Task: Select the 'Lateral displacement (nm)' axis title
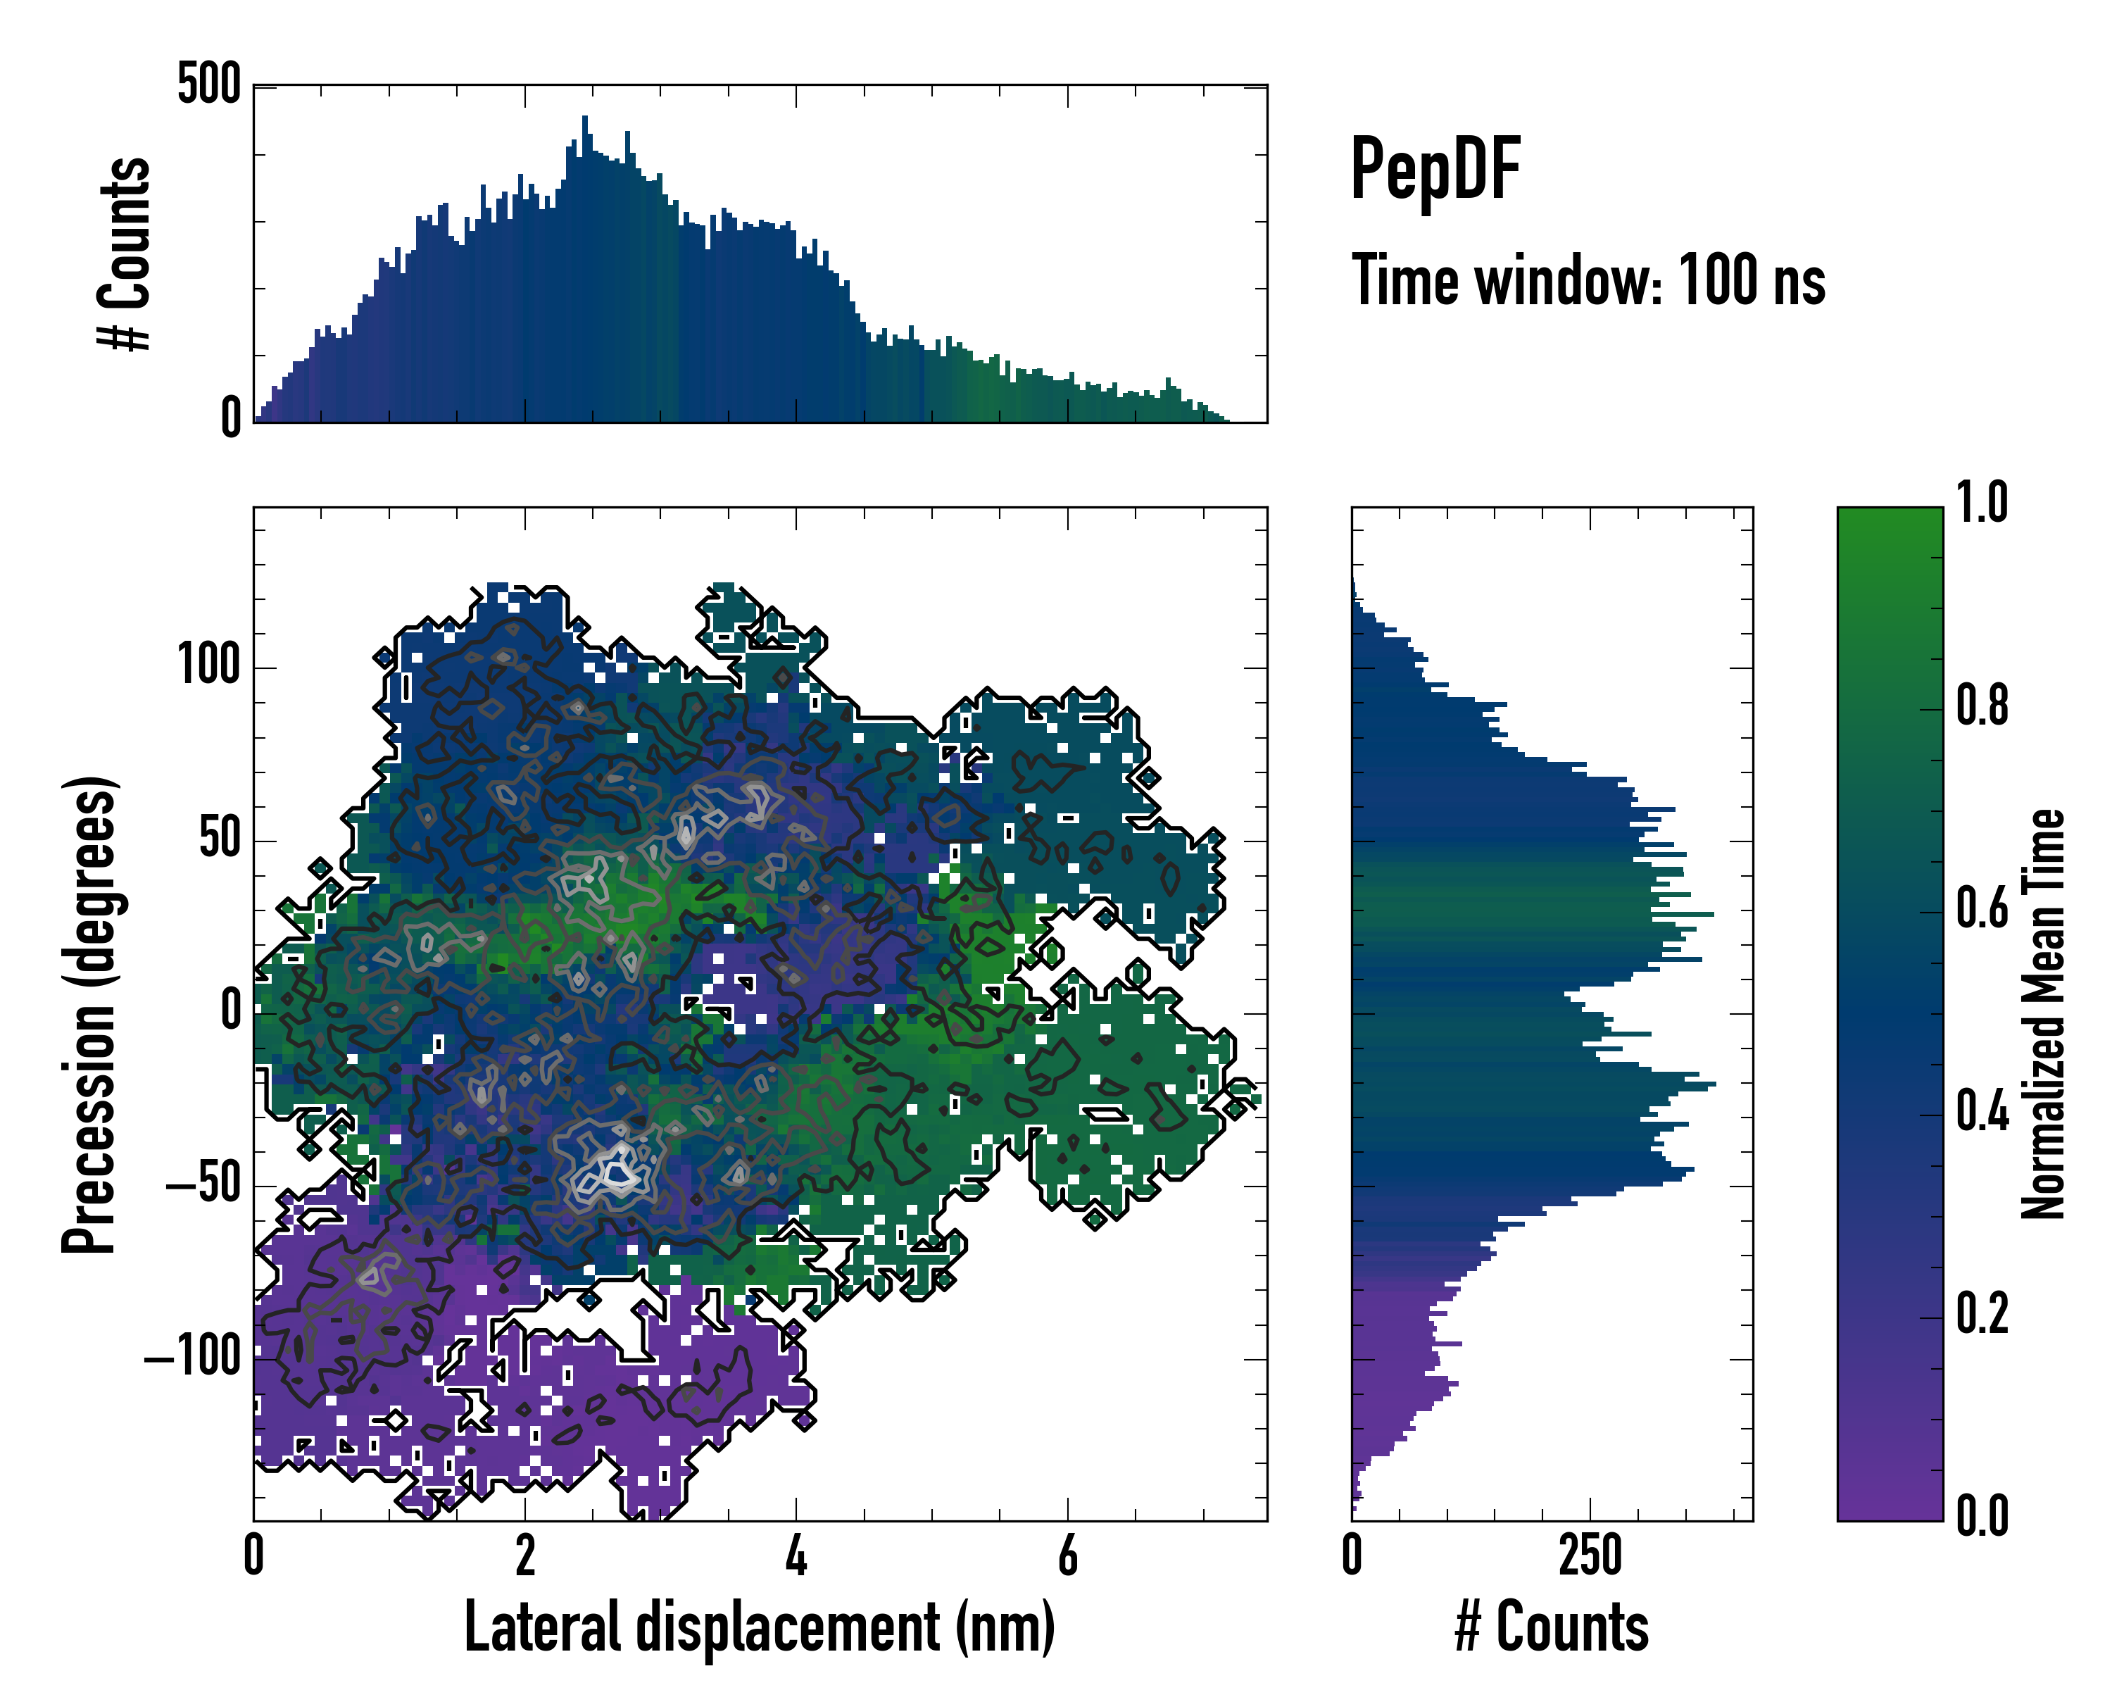pyautogui.click(x=759, y=1627)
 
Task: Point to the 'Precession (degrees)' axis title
pyautogui.click(x=89, y=1014)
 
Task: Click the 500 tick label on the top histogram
pyautogui.click(x=208, y=84)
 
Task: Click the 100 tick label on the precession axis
pyautogui.click(x=208, y=666)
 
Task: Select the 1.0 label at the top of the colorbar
pyautogui.click(x=1982, y=503)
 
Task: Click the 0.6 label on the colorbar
pyautogui.click(x=1982, y=908)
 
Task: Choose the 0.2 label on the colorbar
pyautogui.click(x=1982, y=1314)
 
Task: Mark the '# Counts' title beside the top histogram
pyautogui.click(x=125, y=254)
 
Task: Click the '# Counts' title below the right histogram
pyautogui.click(x=1552, y=1627)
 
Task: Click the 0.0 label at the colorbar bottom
pyautogui.click(x=1982, y=1517)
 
